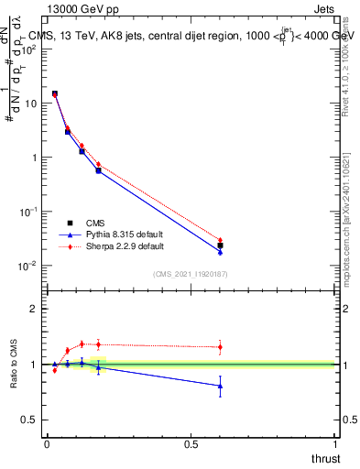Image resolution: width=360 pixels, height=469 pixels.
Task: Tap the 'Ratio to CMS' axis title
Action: pos(14,363)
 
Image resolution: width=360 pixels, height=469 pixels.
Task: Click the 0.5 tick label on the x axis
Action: pos(191,444)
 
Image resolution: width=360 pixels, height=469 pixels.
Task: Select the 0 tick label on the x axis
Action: pos(47,444)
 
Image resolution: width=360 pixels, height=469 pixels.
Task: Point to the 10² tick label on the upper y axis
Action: pos(27,49)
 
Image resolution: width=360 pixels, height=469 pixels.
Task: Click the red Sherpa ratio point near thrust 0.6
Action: pos(220,346)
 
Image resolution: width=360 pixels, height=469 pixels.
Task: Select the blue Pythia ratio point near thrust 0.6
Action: pos(220,386)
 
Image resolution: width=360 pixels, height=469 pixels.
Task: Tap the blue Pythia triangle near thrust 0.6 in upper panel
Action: pos(220,251)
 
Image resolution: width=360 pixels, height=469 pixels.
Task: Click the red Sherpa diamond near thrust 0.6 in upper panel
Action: pos(220,240)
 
